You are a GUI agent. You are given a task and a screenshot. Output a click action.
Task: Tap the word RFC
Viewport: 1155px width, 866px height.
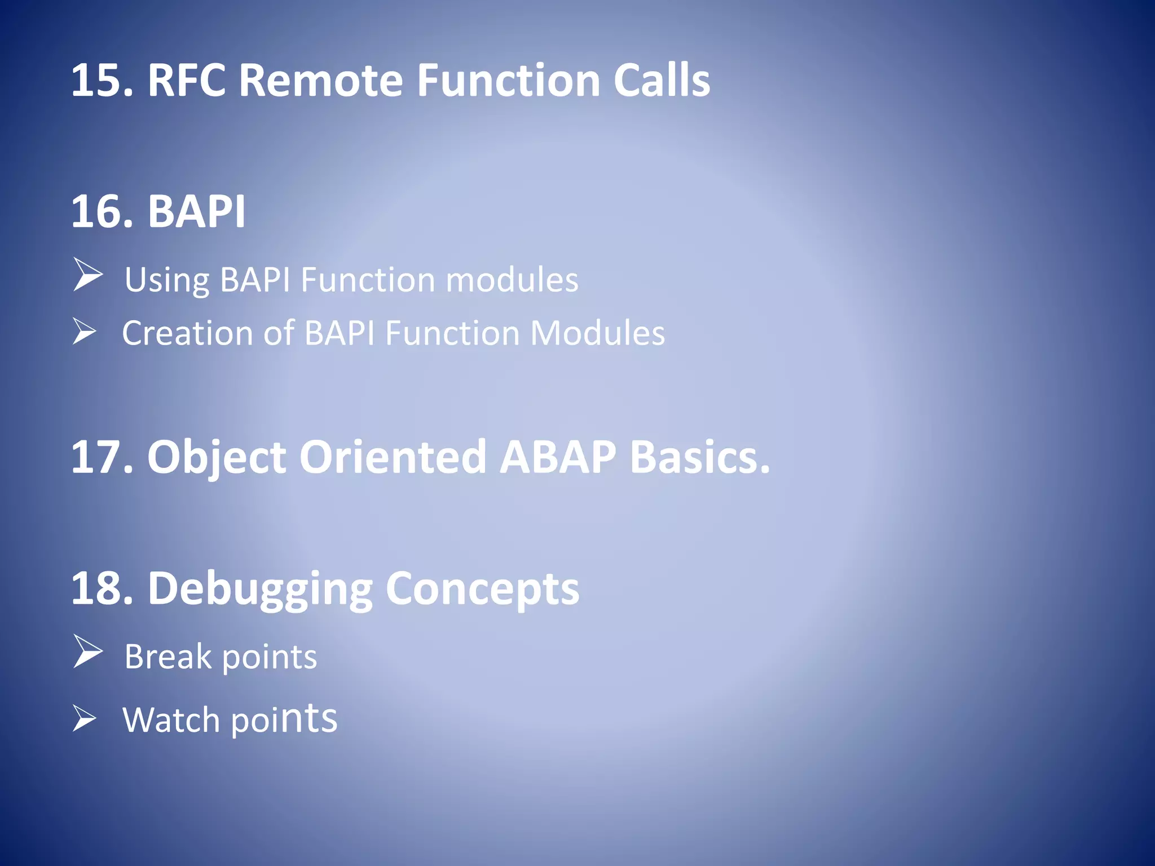(186, 81)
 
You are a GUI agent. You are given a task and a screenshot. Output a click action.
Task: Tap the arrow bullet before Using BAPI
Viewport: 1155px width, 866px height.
(87, 275)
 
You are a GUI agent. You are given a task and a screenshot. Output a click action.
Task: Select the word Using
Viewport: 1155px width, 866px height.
(166, 280)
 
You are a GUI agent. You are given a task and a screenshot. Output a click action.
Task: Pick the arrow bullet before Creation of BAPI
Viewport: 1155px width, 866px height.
(85, 331)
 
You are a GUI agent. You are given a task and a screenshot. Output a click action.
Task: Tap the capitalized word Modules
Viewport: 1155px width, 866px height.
(597, 333)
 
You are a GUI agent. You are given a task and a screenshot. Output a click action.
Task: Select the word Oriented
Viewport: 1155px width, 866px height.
(393, 457)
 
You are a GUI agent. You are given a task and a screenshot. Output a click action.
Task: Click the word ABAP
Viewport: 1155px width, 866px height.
(558, 457)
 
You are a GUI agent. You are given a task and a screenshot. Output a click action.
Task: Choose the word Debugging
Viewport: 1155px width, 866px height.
(260, 589)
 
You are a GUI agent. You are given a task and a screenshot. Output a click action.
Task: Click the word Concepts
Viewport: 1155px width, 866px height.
(482, 589)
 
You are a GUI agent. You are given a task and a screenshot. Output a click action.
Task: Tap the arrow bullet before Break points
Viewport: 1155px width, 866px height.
(87, 652)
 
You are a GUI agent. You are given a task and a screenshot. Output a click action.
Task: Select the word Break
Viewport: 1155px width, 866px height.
(168, 657)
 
